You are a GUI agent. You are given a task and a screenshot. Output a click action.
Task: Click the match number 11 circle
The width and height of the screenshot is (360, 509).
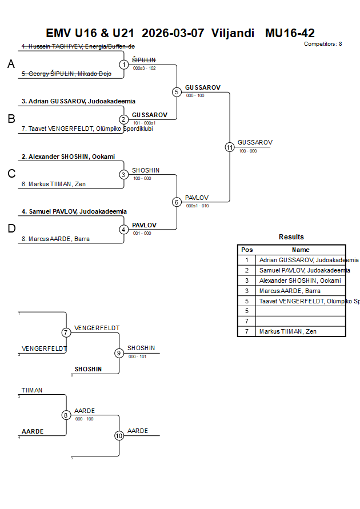[x=230, y=147]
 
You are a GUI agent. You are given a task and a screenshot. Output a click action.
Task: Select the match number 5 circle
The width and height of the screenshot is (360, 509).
[x=177, y=92]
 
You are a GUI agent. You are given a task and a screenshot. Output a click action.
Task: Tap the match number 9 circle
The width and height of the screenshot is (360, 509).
[x=119, y=353]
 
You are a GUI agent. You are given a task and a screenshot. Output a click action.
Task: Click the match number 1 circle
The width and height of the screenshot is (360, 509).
[x=124, y=65]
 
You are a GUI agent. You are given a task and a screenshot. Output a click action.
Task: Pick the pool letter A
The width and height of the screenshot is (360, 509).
[x=11, y=65]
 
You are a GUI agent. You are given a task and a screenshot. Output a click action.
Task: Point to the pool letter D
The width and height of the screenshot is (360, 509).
[x=11, y=229]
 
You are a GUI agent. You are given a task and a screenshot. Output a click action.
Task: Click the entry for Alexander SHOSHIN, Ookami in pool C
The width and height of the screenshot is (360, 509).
[x=68, y=157]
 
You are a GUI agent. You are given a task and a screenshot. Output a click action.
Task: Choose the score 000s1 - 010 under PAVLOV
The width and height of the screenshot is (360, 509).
[x=197, y=206]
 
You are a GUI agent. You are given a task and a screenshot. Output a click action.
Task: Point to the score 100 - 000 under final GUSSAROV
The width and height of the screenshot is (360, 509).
[x=247, y=151]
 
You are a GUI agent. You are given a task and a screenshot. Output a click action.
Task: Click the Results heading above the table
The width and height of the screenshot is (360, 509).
[x=291, y=237]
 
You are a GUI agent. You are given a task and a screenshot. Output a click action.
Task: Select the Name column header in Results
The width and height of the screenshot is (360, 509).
[x=301, y=250]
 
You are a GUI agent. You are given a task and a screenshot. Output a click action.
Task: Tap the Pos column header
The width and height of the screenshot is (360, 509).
[x=247, y=250]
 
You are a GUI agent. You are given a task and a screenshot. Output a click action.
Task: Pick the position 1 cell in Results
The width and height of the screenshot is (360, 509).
[x=247, y=260]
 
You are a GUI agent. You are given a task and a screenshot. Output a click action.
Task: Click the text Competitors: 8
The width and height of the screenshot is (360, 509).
[x=323, y=44]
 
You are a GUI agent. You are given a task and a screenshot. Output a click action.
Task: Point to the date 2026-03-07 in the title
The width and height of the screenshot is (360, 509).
[x=173, y=33]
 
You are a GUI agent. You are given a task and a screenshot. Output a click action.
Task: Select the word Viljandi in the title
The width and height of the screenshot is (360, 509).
[x=233, y=33]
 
